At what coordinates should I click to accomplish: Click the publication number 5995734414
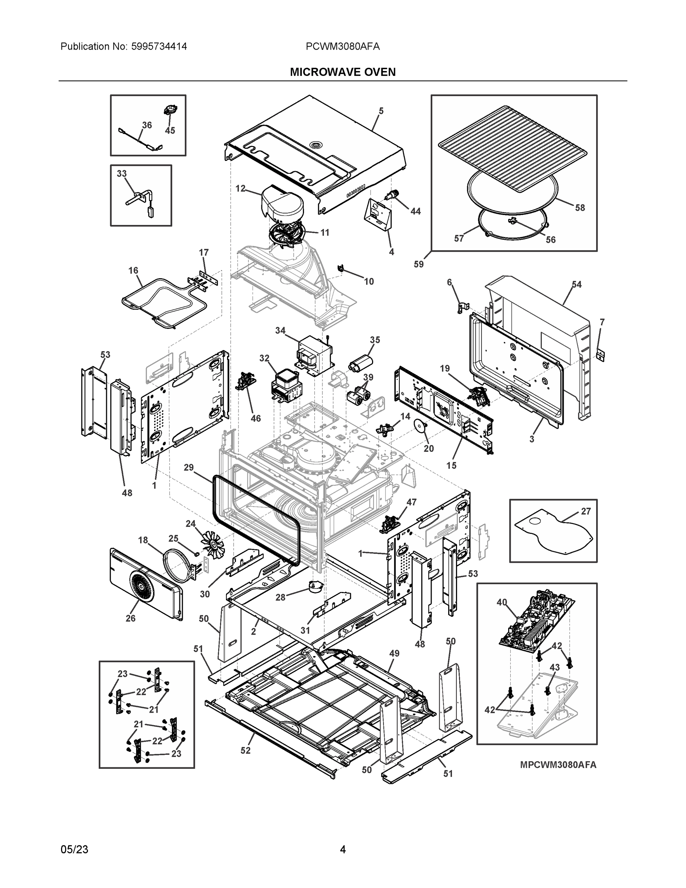coord(159,46)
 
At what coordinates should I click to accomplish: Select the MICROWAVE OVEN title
coord(342,73)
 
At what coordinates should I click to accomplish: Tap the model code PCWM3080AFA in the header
coord(342,46)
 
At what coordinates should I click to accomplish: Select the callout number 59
coord(418,264)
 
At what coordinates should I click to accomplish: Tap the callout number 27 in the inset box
coord(586,511)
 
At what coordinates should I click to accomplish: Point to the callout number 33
coord(122,174)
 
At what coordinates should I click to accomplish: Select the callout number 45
coord(170,131)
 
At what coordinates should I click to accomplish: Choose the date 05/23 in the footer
coord(74,850)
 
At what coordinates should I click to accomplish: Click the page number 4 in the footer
coord(342,850)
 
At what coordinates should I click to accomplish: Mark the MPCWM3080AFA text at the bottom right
coord(558,765)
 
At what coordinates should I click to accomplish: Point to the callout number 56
coord(550,240)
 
